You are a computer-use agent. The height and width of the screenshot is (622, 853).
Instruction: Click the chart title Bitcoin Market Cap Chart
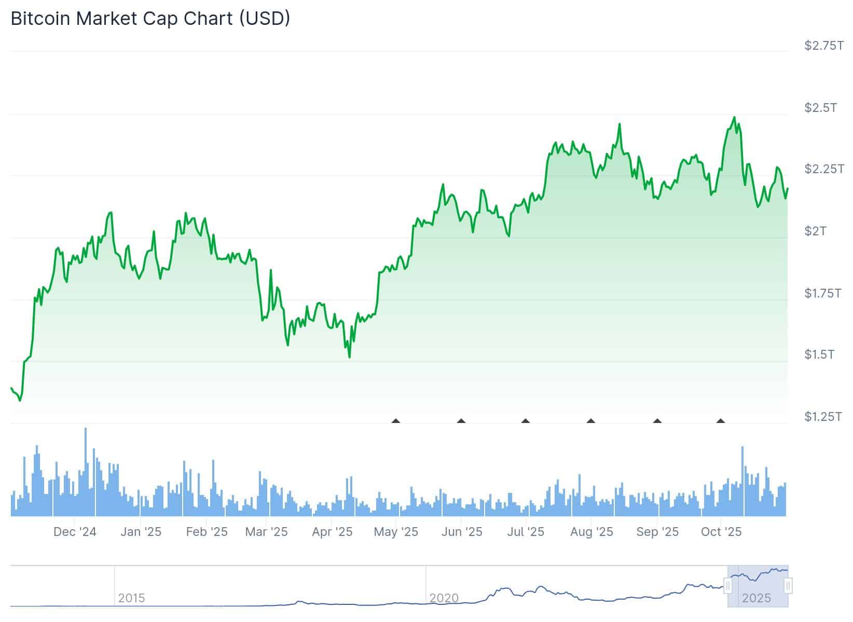click(x=150, y=19)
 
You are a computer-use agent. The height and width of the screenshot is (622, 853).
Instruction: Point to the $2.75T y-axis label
click(x=823, y=46)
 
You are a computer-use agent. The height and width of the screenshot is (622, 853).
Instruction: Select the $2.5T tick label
click(x=820, y=108)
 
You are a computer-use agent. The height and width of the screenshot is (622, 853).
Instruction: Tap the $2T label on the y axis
click(x=815, y=231)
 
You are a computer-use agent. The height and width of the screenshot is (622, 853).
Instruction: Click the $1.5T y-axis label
click(x=819, y=355)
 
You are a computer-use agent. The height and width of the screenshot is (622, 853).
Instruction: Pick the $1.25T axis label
click(x=823, y=417)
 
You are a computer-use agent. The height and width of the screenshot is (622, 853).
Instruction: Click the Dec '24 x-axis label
click(x=75, y=532)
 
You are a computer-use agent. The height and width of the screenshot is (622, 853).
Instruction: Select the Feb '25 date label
click(x=207, y=532)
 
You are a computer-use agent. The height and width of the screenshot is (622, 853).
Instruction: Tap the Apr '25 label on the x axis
click(x=332, y=532)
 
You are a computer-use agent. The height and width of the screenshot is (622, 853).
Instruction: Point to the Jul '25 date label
click(x=526, y=532)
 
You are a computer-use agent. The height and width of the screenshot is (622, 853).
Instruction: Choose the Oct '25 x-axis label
click(x=721, y=532)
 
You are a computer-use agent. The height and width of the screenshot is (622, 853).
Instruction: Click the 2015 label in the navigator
click(x=131, y=598)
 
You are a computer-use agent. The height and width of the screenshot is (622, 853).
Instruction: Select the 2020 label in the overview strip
click(x=444, y=598)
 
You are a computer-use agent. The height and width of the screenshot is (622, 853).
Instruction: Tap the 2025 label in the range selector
click(x=756, y=598)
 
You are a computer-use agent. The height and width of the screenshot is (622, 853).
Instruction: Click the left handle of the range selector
click(x=728, y=586)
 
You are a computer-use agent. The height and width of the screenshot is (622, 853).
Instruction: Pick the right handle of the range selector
click(x=788, y=586)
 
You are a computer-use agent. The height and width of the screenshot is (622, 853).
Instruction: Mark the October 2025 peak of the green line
click(x=734, y=118)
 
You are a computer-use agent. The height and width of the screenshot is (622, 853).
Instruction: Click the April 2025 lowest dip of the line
click(x=349, y=357)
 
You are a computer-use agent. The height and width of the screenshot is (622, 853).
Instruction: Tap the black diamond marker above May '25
click(x=396, y=421)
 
